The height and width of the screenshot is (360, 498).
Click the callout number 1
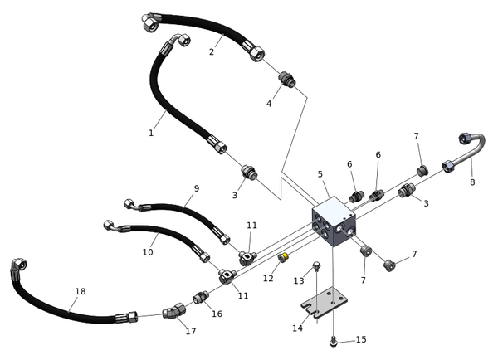coord(151,133)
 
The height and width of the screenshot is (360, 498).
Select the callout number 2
coord(212,51)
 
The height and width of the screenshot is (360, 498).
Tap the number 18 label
coord(81,291)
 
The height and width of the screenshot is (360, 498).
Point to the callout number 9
coord(197,188)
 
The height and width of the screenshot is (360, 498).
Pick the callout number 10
coord(148,251)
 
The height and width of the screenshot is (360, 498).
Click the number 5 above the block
coord(320,174)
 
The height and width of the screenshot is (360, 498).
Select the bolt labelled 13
coord(316,268)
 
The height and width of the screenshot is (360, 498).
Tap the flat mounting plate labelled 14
coord(326,303)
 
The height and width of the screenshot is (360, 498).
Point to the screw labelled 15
coord(333,339)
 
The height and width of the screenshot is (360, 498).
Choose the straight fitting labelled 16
coord(200,298)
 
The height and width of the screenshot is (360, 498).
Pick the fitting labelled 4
coord(286,80)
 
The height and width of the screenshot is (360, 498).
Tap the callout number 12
coord(268,279)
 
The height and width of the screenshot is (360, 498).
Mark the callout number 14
coord(297,328)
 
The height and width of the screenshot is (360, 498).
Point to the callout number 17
coord(191,332)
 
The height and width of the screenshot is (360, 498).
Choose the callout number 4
coord(269,104)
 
